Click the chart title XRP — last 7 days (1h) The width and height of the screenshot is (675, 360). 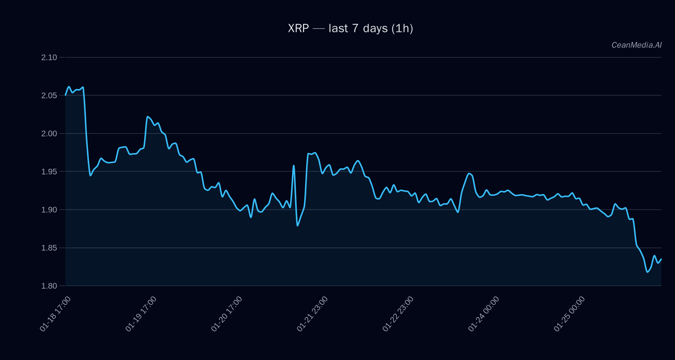click(x=350, y=28)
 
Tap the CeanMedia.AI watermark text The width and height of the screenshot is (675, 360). click(x=636, y=45)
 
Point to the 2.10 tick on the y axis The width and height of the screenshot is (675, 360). click(x=49, y=57)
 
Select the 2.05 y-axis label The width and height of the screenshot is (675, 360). click(x=49, y=96)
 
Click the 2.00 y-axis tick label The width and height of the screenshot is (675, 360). click(x=49, y=133)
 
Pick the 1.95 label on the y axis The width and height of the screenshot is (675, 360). click(x=49, y=172)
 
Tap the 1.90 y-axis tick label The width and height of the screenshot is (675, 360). click(x=49, y=210)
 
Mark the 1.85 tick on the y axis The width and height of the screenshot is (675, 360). click(x=49, y=248)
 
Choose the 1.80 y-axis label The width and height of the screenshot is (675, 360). click(x=49, y=286)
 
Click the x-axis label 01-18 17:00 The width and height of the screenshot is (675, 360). click(x=55, y=314)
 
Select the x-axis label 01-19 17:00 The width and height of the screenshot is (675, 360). click(x=141, y=314)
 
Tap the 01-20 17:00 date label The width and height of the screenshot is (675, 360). click(x=226, y=314)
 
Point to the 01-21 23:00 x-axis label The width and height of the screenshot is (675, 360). click(x=312, y=314)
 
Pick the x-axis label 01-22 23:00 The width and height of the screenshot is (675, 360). click(x=398, y=314)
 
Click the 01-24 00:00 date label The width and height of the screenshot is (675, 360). click(x=484, y=314)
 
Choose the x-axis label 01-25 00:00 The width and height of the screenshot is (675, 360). click(x=569, y=314)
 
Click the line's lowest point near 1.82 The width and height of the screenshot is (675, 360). click(x=647, y=272)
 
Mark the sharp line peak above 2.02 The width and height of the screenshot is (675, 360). click(x=147, y=117)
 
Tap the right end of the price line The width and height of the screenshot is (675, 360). click(x=661, y=259)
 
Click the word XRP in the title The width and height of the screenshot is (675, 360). click(x=298, y=28)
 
